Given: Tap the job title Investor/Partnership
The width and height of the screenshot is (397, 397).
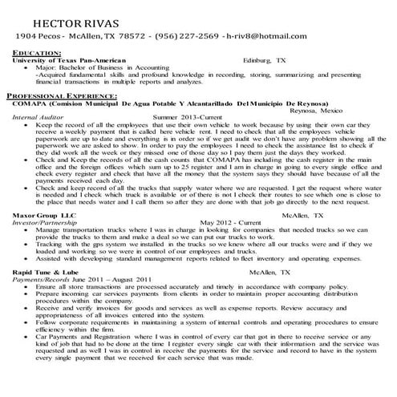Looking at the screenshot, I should point(45,223).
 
